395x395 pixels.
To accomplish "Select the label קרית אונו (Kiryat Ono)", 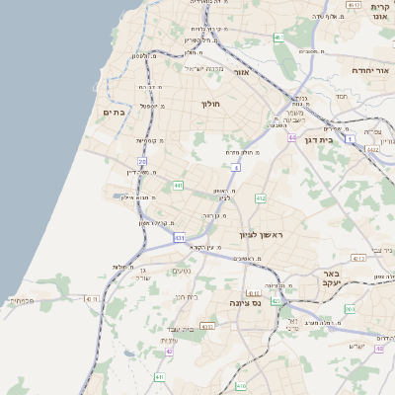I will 381,11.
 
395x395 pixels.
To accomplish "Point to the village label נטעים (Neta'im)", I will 182,272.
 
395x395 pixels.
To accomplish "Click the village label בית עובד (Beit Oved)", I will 180,328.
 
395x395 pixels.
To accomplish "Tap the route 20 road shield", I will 142,161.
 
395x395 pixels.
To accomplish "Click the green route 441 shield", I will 178,186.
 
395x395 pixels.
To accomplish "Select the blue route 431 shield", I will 179,238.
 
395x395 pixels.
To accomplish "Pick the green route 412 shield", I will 261,198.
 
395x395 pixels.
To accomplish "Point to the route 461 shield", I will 279,39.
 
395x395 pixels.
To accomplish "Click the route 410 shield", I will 241,385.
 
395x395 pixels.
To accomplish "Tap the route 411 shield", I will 159,377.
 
